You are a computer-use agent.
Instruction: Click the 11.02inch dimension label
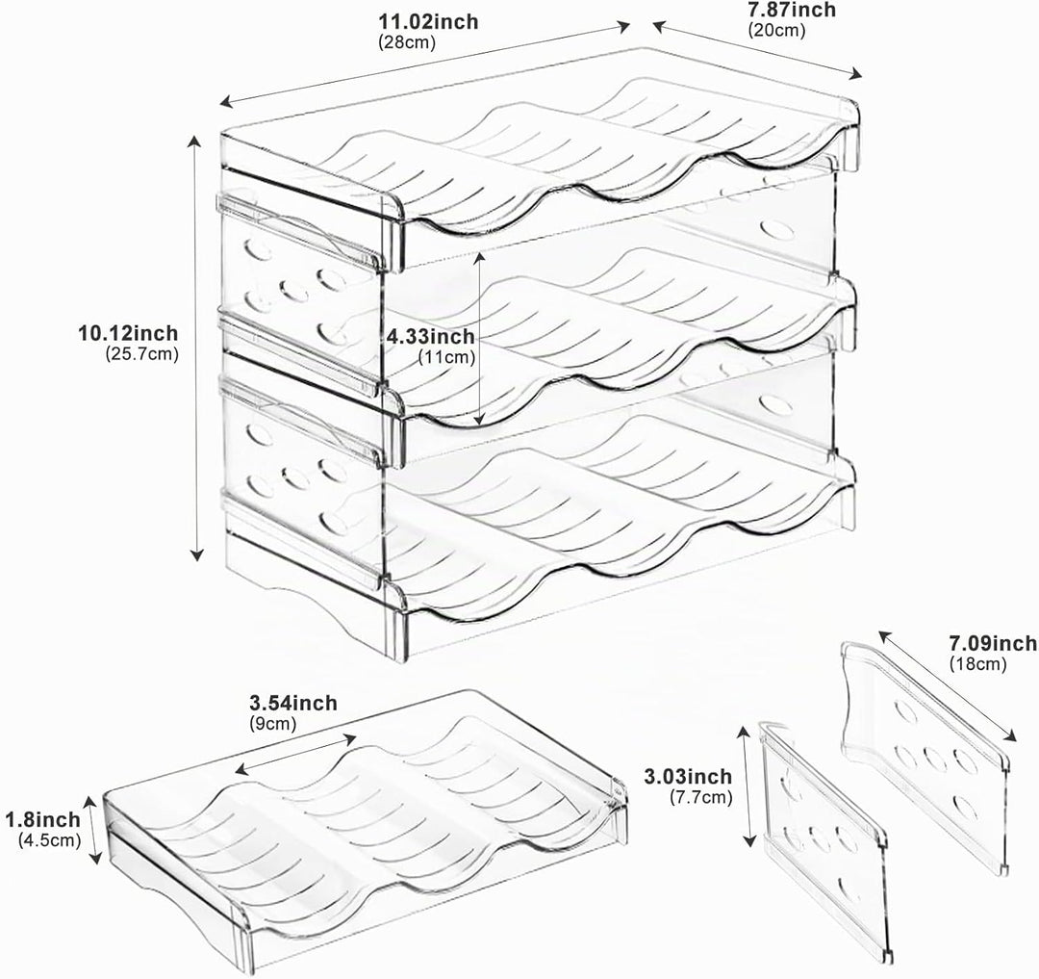(427, 21)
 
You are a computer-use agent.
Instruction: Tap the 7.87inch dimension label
(791, 10)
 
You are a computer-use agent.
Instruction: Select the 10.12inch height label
(128, 332)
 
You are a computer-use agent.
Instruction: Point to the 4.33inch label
(431, 336)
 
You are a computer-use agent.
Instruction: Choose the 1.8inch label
(43, 819)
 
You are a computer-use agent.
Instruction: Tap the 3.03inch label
(688, 776)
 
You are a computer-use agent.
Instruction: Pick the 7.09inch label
(993, 642)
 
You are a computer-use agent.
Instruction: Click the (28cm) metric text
(407, 42)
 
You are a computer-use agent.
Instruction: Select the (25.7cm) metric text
(142, 354)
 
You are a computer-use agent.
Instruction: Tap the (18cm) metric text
(977, 663)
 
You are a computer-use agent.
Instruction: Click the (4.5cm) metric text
(50, 840)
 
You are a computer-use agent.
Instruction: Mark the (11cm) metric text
(446, 357)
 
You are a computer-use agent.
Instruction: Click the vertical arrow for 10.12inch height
(195, 348)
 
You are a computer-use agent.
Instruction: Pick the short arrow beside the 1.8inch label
(93, 830)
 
